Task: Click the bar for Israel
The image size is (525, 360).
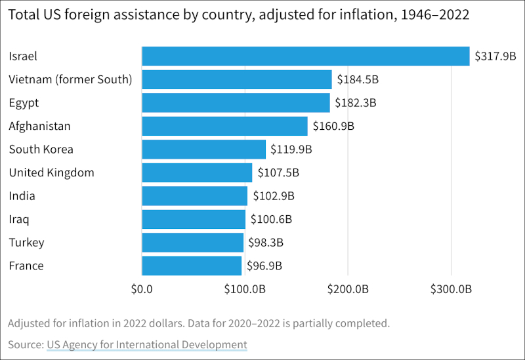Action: tap(306, 56)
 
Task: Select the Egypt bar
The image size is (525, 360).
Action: tap(236, 103)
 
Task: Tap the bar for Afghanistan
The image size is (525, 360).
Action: tap(224, 126)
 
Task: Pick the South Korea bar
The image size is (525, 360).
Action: tap(203, 150)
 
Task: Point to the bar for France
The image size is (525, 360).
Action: tap(192, 266)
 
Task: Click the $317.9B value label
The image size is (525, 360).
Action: tap(496, 56)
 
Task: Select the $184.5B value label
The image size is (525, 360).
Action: tap(358, 80)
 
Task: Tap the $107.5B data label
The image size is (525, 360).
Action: tap(278, 173)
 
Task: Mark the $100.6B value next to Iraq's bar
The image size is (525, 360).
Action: tap(271, 219)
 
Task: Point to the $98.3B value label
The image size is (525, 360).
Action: tap(266, 243)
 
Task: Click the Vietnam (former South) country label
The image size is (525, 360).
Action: tap(70, 80)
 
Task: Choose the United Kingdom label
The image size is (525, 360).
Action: tap(51, 173)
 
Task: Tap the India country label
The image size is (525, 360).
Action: tap(22, 196)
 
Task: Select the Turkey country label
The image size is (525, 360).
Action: tap(26, 243)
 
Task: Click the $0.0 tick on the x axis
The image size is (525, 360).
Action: tap(142, 289)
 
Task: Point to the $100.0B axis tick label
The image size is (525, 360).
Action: tap(245, 289)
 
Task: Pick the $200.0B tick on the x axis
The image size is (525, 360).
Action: tap(348, 289)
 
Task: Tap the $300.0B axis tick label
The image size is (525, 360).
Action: tap(451, 289)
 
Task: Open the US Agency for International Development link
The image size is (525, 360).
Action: tap(146, 344)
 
